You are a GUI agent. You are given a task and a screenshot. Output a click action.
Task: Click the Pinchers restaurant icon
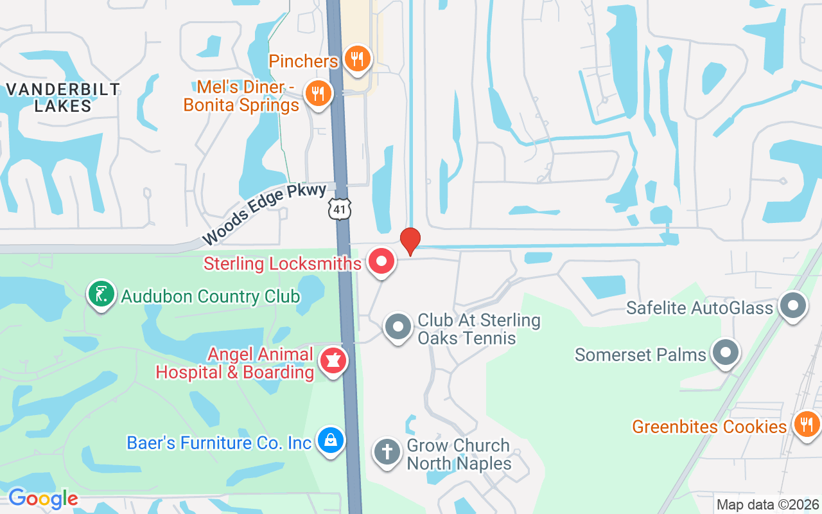[x=357, y=59]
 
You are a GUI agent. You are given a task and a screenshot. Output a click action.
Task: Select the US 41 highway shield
[x=339, y=208]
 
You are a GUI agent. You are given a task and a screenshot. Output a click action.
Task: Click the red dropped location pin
[x=410, y=240]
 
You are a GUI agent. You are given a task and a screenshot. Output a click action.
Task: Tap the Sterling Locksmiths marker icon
[x=381, y=262]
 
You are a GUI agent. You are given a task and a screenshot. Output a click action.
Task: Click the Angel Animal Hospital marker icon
[x=333, y=360]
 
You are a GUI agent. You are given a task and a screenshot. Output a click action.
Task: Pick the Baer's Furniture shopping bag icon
[x=331, y=441]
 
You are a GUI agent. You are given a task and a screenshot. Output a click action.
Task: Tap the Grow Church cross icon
[x=387, y=452]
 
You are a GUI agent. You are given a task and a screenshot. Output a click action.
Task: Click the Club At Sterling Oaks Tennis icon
[x=398, y=327]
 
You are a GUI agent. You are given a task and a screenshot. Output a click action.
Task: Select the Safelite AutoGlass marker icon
[x=792, y=306]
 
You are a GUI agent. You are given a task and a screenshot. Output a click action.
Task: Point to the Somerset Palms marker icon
[x=726, y=353]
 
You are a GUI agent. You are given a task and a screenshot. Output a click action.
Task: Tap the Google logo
[x=43, y=499]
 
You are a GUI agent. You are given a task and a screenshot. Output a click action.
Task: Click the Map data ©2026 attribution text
[x=768, y=505]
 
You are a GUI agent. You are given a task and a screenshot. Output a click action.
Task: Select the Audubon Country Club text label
[x=211, y=297]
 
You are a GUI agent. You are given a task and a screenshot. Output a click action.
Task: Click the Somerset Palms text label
[x=640, y=355]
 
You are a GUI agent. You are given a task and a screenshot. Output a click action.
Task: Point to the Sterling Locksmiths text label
[x=283, y=263]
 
